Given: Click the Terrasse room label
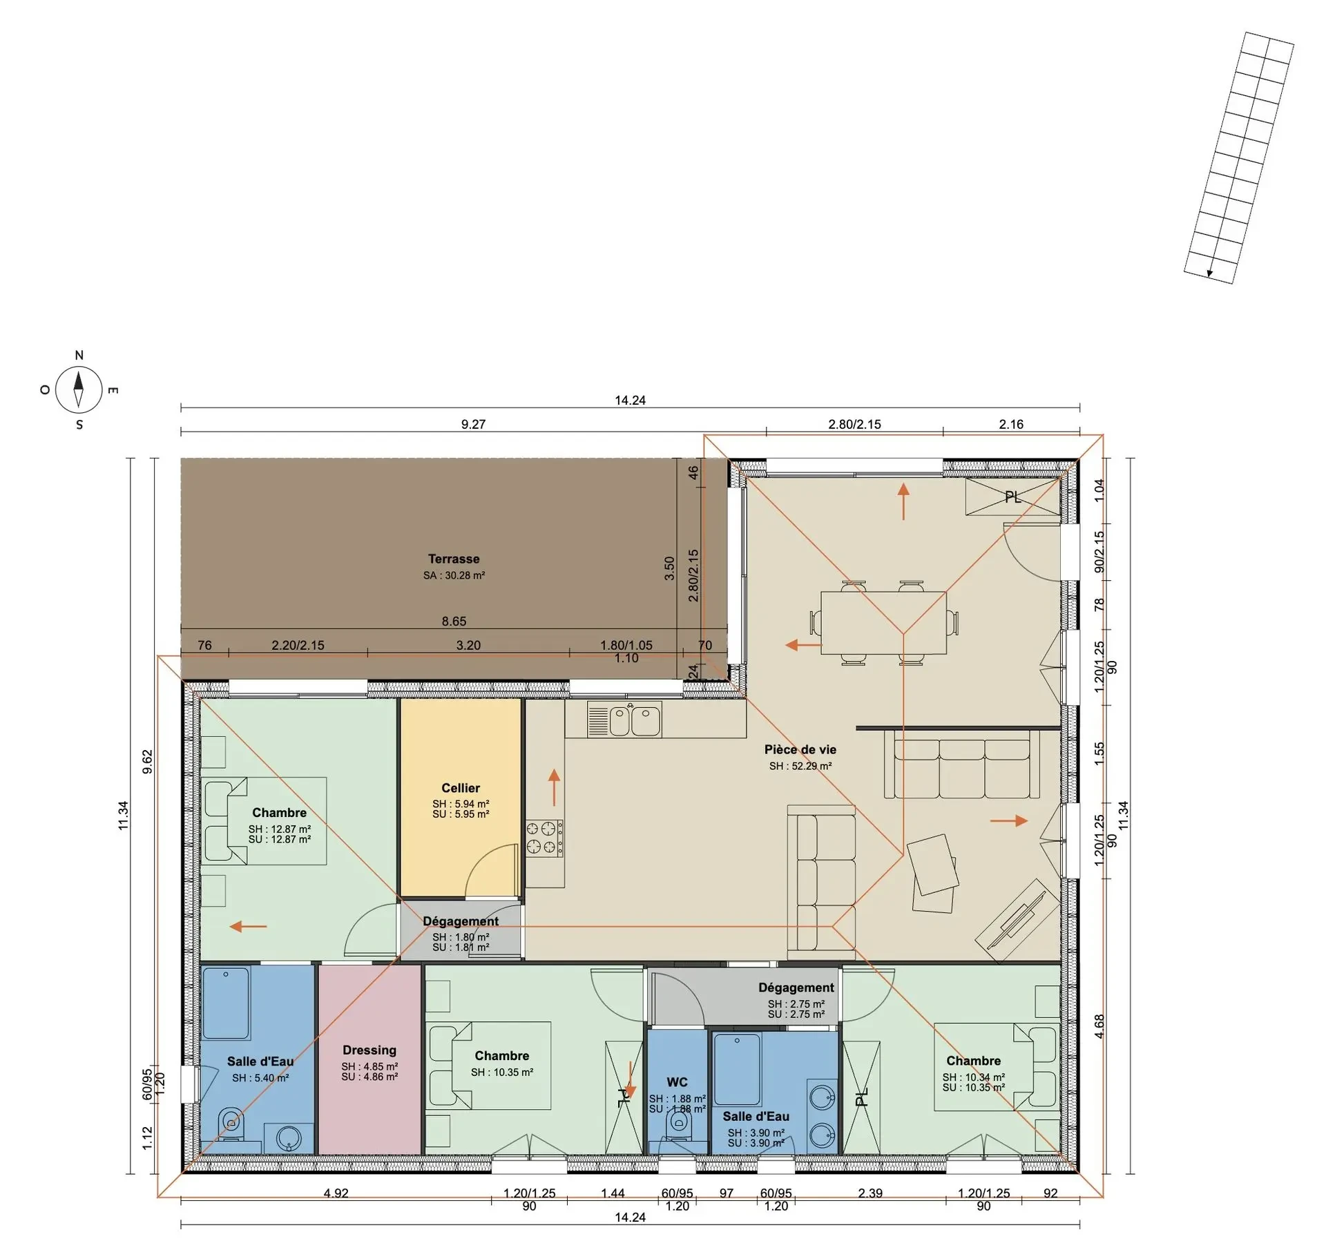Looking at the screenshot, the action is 453,559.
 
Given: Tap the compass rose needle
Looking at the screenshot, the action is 79,389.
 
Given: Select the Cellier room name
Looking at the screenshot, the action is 461,788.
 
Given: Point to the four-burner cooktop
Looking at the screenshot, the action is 544,837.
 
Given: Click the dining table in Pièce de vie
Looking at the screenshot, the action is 883,622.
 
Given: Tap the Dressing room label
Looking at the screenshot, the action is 369,1050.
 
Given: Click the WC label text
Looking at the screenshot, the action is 677,1082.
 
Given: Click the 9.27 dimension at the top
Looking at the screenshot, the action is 473,424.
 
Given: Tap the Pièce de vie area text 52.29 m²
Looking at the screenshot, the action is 800,766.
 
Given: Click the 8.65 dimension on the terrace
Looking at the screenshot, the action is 454,621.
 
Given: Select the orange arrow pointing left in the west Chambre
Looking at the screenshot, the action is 248,926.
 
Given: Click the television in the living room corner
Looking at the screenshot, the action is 1018,920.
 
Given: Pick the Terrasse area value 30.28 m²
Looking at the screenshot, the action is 454,575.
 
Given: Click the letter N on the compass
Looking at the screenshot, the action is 79,355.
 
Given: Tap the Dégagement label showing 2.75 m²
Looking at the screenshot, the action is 796,988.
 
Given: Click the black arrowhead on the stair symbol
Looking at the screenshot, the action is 1209,273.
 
